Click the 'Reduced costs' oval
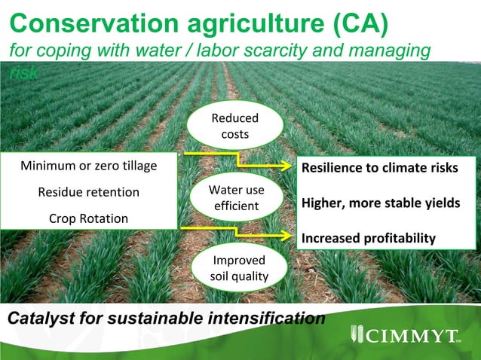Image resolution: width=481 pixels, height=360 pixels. (234, 127)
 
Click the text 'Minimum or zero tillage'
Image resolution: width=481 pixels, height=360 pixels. (89, 166)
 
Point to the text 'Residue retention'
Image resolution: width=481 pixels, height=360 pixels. (89, 192)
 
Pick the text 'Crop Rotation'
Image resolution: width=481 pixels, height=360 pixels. (89, 218)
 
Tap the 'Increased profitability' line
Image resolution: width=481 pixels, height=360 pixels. (369, 238)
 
